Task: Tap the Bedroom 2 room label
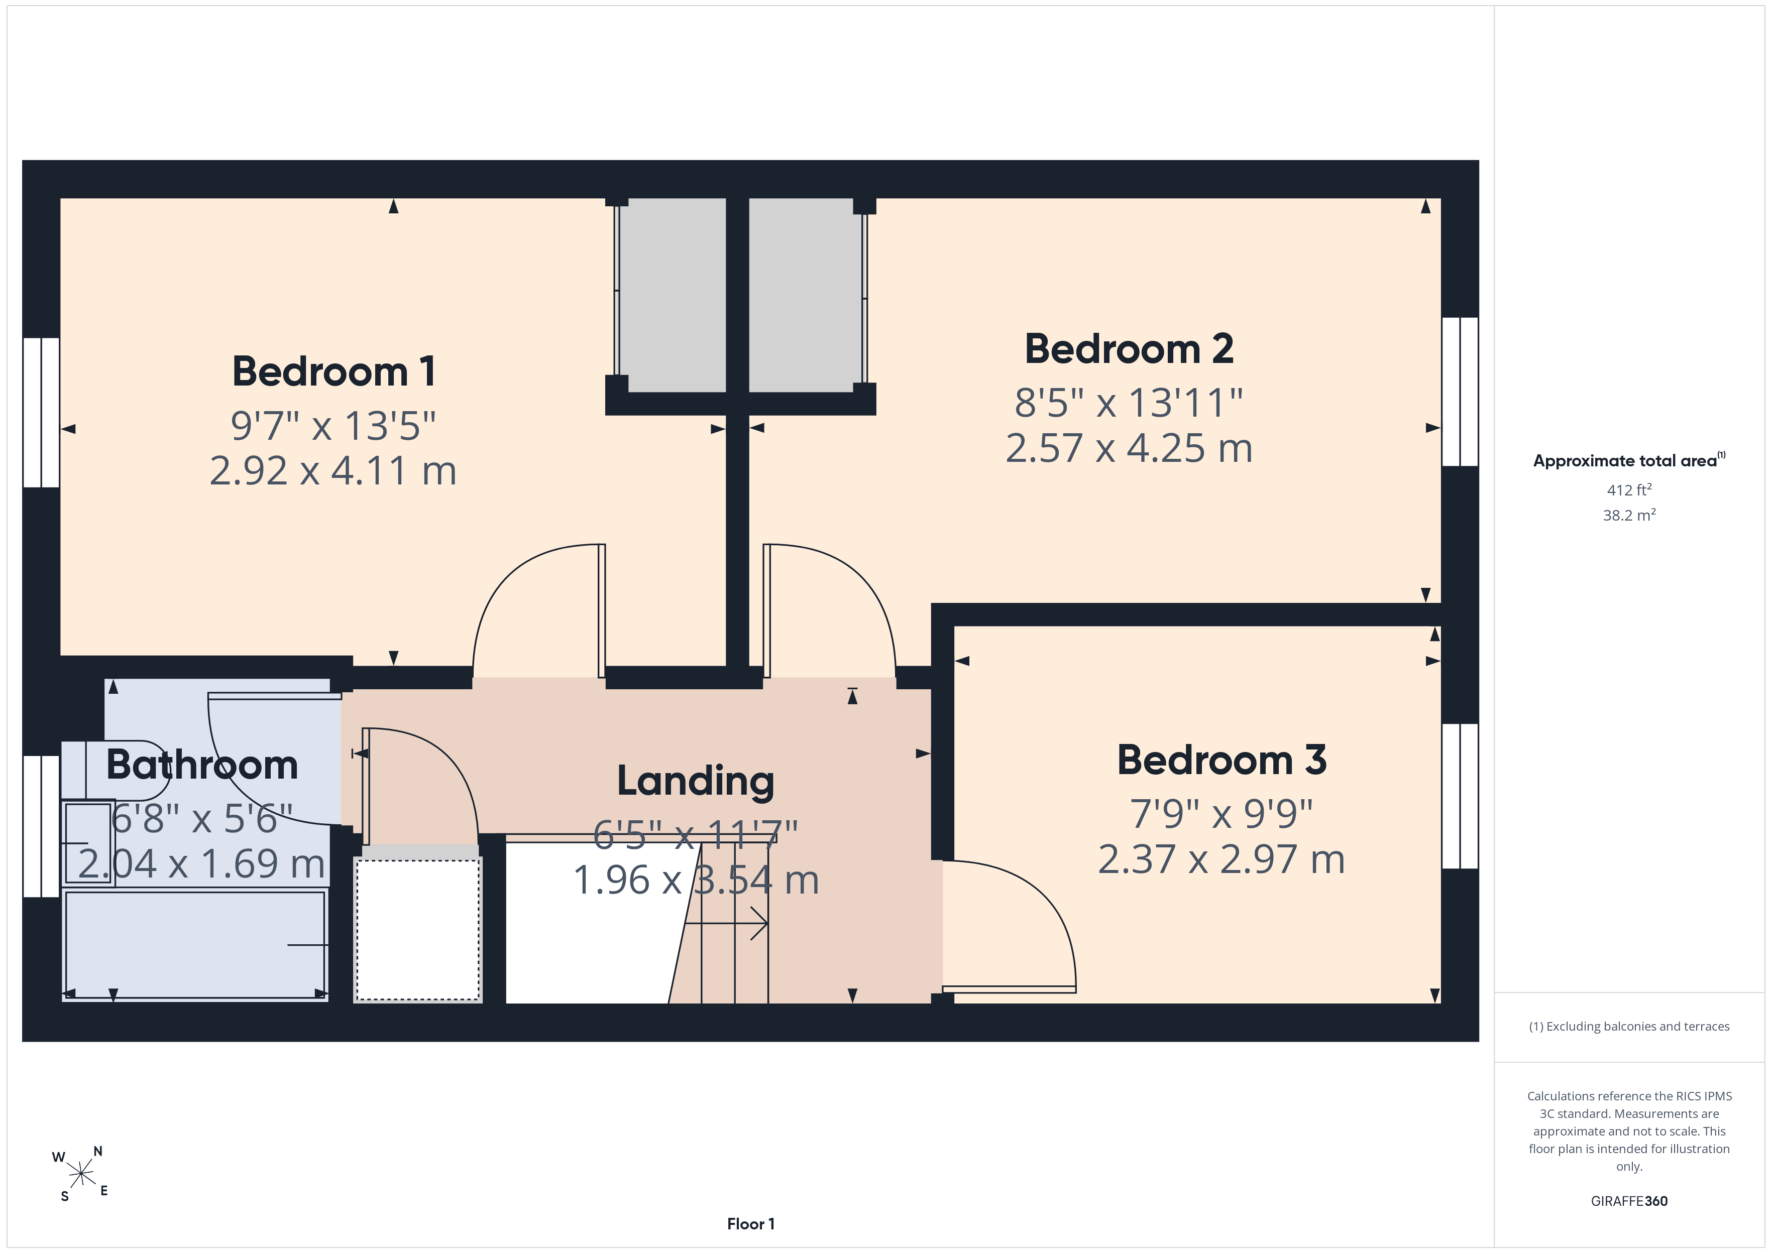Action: (1129, 349)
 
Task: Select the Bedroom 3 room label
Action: (1222, 760)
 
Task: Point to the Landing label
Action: (695, 782)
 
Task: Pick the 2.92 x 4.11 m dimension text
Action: (334, 471)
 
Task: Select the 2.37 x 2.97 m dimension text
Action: (1222, 859)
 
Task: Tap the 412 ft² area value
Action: (1629, 490)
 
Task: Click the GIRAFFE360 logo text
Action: (1629, 1201)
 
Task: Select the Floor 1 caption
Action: (751, 1224)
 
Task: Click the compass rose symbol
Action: (80, 1174)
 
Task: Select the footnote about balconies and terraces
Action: (1629, 1026)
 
